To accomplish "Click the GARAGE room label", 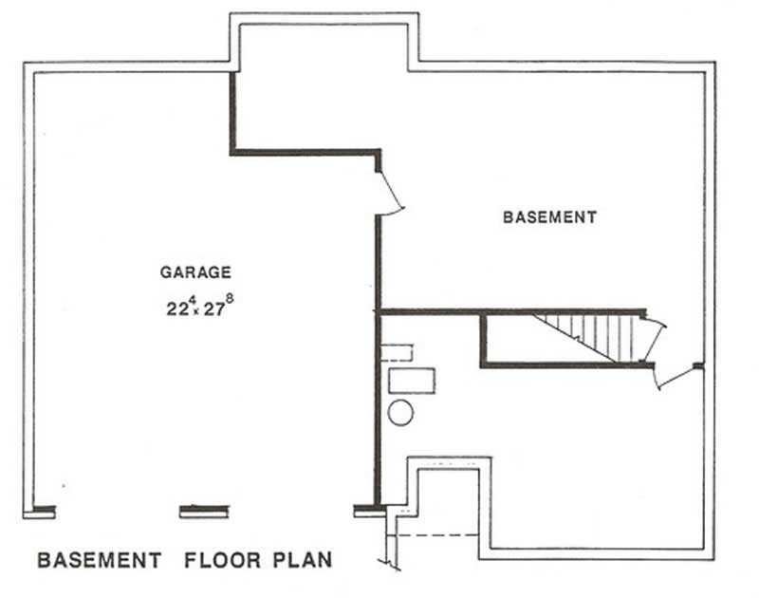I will pos(194,272).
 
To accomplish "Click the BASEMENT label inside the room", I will pos(549,217).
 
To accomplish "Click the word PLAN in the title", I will pos(303,560).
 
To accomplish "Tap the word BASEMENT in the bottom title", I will pos(99,560).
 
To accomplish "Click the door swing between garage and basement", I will pos(391,194).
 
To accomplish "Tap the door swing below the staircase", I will pos(676,378).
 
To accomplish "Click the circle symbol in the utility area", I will pos(400,413).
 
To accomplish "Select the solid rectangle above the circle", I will pos(413,381).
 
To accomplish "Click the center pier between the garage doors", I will pos(204,512).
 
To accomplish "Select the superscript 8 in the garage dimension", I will pos(229,298).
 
